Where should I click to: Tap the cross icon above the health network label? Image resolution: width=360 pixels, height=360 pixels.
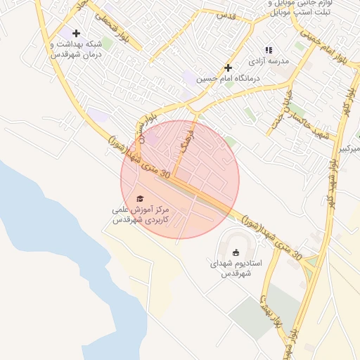coord(76,33)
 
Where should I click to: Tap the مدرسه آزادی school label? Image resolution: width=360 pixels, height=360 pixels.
coord(275,62)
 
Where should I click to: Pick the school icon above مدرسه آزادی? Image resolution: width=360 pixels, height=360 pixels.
coord(268,50)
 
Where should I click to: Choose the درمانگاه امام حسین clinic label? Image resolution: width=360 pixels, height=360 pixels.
coord(227,79)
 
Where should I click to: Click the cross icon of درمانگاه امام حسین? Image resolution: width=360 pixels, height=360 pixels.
coord(228,67)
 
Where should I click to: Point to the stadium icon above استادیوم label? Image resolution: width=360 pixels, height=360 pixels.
coord(236,253)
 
